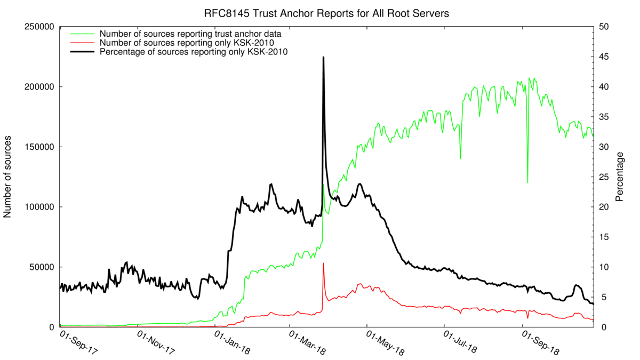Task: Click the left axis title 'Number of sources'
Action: click(x=9, y=176)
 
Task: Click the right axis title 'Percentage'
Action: click(x=620, y=177)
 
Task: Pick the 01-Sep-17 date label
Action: click(x=79, y=344)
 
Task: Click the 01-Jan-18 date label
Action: click(x=233, y=344)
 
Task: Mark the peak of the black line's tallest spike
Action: click(x=323, y=57)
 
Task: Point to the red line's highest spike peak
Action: click(x=323, y=263)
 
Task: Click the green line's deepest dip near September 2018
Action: click(x=527, y=182)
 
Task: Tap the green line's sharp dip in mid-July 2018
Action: click(x=460, y=158)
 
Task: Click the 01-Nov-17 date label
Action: click(x=156, y=344)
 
